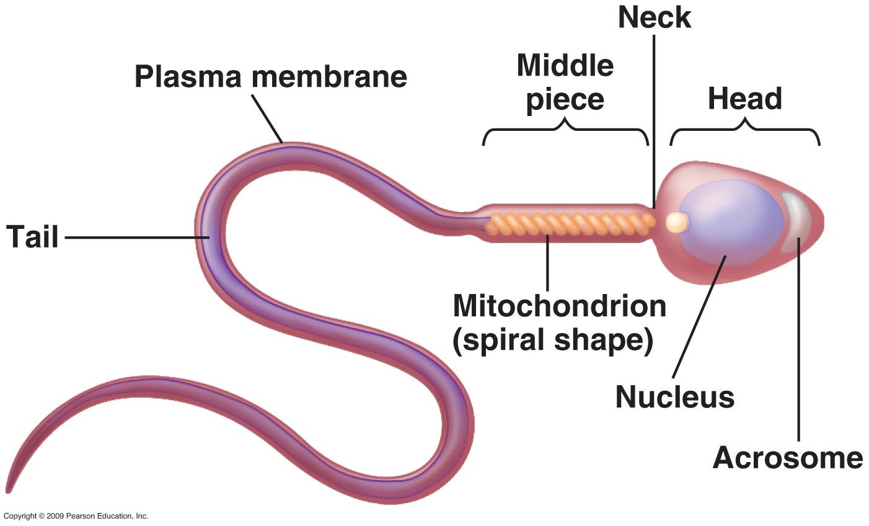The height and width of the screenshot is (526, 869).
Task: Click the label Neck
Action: [655, 17]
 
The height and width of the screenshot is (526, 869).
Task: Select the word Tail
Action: [32, 237]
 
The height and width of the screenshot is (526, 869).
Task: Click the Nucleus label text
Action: [674, 397]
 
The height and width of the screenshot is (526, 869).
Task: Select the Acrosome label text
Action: [787, 458]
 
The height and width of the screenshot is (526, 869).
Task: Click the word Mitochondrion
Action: [559, 306]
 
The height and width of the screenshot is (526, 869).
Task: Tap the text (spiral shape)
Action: [553, 341]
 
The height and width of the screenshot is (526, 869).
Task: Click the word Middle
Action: [565, 65]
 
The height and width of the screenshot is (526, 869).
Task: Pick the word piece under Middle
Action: [565, 100]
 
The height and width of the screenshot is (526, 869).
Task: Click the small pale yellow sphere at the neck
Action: [676, 222]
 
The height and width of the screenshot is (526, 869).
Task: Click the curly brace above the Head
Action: [745, 130]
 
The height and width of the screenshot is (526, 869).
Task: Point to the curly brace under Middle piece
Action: [565, 130]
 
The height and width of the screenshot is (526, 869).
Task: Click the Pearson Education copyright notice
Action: [76, 516]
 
